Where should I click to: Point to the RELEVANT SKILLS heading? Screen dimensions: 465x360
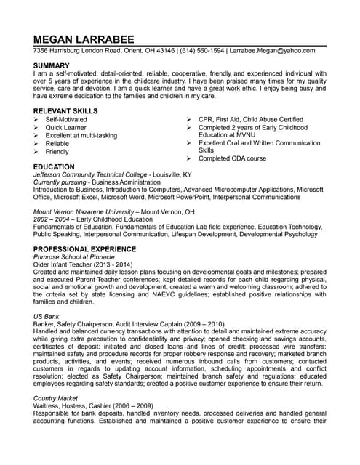tap(65, 108)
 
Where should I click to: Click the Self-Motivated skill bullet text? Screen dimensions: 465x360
tap(65, 118)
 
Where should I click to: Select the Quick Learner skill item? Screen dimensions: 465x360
tap(65, 127)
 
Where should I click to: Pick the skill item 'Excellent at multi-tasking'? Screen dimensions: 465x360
tap(81, 135)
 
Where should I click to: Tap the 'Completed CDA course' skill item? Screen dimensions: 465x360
tap(232, 158)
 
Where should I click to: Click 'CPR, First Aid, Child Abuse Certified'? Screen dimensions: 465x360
tap(250, 118)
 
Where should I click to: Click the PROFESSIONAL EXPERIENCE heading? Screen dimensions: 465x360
tap(84, 248)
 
